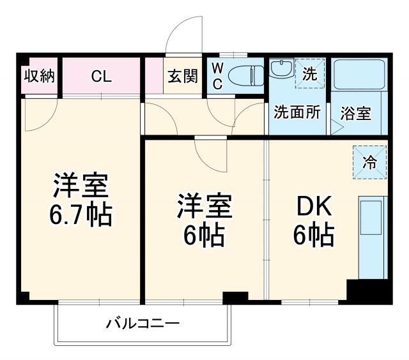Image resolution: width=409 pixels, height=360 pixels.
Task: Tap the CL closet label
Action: (x=101, y=77)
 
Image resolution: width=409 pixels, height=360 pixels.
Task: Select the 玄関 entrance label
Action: (x=183, y=77)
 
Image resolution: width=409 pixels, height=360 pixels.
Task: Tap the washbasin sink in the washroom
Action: (x=279, y=68)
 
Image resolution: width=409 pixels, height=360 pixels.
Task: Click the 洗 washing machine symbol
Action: (x=309, y=73)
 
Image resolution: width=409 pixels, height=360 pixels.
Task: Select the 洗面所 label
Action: (x=297, y=113)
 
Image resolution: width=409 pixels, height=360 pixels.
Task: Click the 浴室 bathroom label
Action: (x=355, y=114)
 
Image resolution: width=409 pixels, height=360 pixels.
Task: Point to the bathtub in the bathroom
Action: (x=358, y=75)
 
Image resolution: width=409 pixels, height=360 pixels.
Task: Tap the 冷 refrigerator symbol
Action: (x=370, y=161)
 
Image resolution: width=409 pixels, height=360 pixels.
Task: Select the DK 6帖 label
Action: (x=313, y=221)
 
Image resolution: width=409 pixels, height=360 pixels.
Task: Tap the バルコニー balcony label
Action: (x=143, y=323)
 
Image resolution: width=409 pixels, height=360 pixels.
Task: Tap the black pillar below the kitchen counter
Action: (x=369, y=291)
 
